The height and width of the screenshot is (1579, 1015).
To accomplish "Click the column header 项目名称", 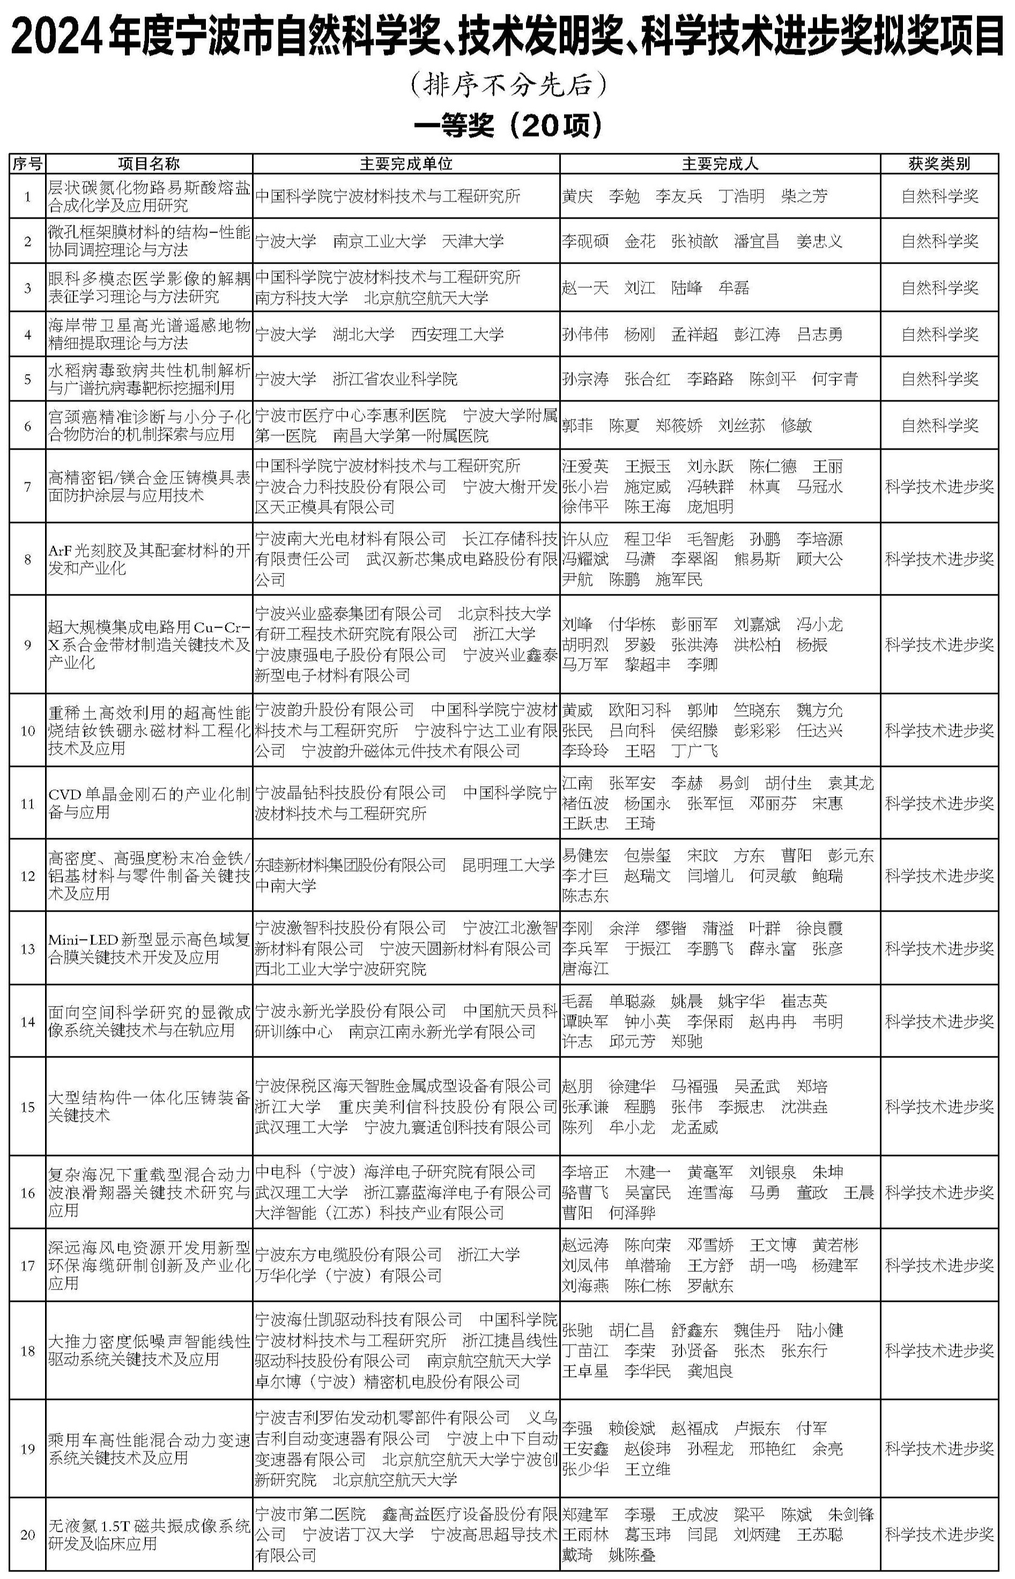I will pyautogui.click(x=149, y=163).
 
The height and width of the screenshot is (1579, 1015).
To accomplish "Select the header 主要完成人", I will pyautogui.click(x=720, y=163).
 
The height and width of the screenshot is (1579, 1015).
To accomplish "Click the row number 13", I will pyautogui.click(x=28, y=949).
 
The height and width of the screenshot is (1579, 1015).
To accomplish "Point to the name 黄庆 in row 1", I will pyautogui.click(x=577, y=196).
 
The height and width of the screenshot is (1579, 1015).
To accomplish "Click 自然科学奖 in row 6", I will pyautogui.click(x=939, y=426).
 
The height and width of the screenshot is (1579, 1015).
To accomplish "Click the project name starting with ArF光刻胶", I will pyautogui.click(x=149, y=558).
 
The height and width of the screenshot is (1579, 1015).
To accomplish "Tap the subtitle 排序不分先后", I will pyautogui.click(x=507, y=84).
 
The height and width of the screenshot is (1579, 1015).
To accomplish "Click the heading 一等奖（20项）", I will pyautogui.click(x=507, y=125).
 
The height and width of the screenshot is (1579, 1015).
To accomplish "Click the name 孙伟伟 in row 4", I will pyautogui.click(x=584, y=334).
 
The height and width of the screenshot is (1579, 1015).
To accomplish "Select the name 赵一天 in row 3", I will pyautogui.click(x=584, y=287).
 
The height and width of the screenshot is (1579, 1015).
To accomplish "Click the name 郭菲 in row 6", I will pyautogui.click(x=577, y=426).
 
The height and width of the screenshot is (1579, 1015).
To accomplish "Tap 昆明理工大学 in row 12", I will pyautogui.click(x=508, y=865).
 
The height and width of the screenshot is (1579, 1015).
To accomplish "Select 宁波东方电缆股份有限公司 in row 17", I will pyautogui.click(x=348, y=1254).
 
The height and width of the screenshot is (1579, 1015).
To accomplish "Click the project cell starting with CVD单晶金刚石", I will pyautogui.click(x=149, y=802).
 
